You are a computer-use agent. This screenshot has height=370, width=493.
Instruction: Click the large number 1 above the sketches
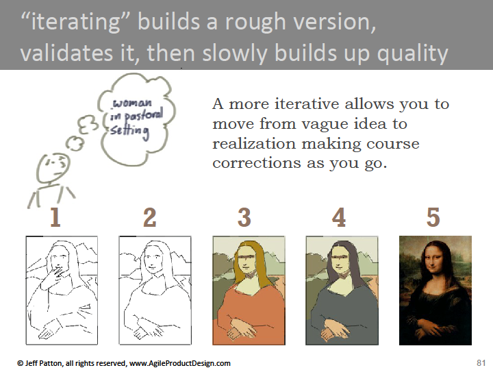click(x=55, y=217)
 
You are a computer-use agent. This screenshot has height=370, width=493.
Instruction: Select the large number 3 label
click(x=244, y=217)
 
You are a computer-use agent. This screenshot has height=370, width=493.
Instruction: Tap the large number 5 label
click(x=433, y=217)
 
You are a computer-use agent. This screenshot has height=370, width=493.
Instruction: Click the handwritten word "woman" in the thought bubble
click(x=132, y=103)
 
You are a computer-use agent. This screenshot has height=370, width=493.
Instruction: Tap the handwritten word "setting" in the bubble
click(x=129, y=131)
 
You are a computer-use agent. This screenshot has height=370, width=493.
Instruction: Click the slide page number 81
click(x=481, y=362)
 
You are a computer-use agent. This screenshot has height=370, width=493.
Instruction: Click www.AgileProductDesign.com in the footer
click(x=180, y=363)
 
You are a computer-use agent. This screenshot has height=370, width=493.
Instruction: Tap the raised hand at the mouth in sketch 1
click(x=55, y=273)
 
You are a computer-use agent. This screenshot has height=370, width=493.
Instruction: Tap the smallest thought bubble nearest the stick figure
click(x=75, y=144)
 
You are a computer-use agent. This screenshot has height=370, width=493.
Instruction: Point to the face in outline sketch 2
click(x=153, y=260)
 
